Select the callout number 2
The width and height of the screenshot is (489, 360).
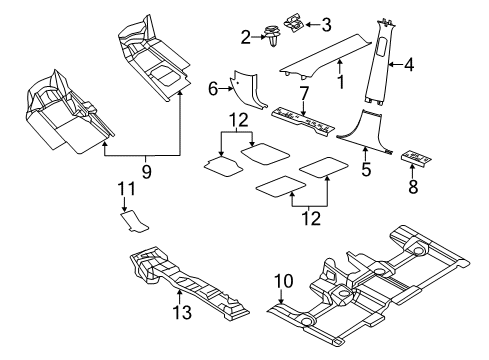(245, 38)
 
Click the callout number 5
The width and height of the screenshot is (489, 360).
(366, 171)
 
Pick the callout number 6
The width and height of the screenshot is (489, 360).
(212, 89)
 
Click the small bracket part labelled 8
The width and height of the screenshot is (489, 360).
(416, 159)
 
